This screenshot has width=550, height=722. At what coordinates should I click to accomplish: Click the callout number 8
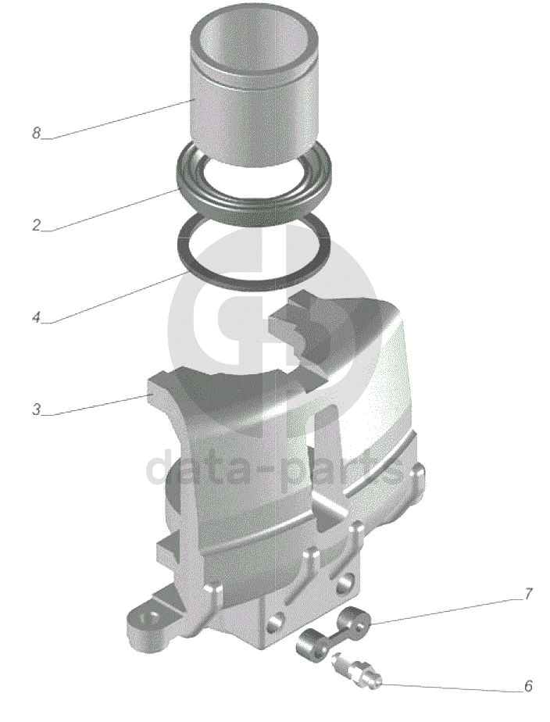(x=37, y=133)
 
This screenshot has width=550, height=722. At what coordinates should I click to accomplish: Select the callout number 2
(x=37, y=226)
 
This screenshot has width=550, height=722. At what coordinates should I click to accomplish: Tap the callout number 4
(x=37, y=317)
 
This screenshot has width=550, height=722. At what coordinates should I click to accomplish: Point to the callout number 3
(x=37, y=409)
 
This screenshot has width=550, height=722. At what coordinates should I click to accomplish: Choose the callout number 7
(x=528, y=594)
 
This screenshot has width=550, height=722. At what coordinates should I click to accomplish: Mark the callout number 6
(x=528, y=685)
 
